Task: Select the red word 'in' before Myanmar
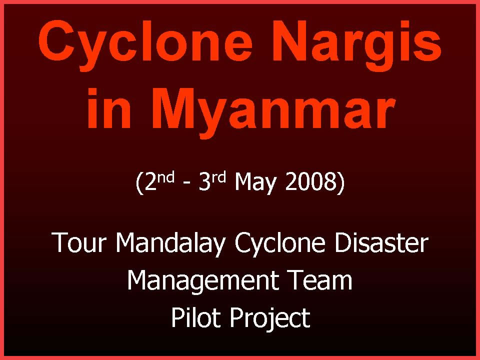[109, 108]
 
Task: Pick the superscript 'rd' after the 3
[218, 177]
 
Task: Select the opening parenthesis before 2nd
[139, 183]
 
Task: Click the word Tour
[79, 242]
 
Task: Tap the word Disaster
[381, 242]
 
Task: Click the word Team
[321, 280]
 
